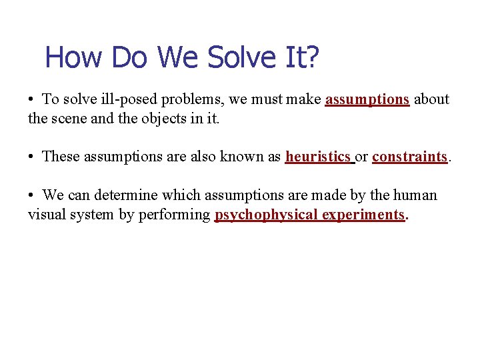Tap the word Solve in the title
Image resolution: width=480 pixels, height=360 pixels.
pos(237,57)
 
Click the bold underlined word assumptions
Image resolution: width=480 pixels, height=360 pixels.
pos(367,99)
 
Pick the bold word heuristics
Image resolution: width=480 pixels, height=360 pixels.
pos(318,157)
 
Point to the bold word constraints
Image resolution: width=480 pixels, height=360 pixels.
pos(409,157)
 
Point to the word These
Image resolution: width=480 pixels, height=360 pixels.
pos(61,157)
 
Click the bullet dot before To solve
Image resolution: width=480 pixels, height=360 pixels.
pos(31,100)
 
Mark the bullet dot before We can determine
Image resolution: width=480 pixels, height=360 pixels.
pos(31,196)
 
